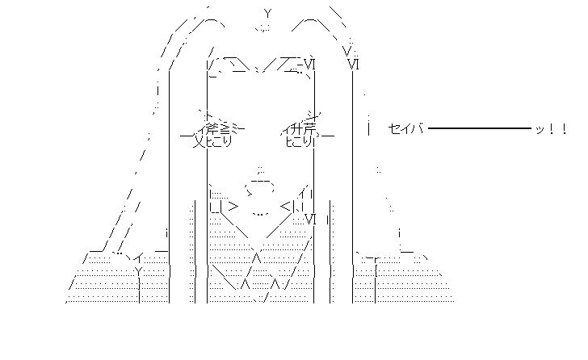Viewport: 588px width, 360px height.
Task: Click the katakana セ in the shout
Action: [393, 128]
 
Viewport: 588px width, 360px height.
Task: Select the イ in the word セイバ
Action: [406, 128]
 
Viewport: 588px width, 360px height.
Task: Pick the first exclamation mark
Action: [551, 128]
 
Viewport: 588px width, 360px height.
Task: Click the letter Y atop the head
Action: [267, 14]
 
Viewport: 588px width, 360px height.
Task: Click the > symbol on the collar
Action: [233, 207]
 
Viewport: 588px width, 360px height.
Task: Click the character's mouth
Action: [260, 215]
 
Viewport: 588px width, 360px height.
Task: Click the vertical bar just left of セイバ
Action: [368, 128]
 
